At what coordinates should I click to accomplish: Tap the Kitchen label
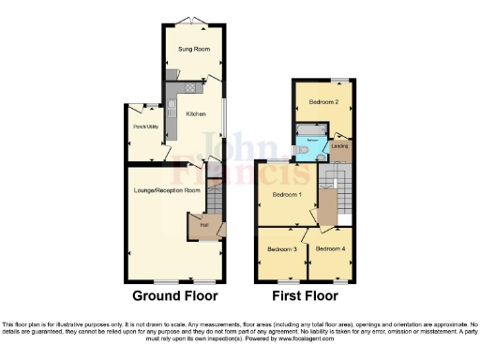[196, 114]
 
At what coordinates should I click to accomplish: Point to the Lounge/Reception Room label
[167, 190]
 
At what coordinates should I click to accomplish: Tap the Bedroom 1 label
[287, 194]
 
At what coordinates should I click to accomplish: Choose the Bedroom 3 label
[281, 249]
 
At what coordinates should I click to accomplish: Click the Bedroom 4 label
[330, 248]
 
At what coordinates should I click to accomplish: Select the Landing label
[339, 145]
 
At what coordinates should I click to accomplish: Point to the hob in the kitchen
[188, 87]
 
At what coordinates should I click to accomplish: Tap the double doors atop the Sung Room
[194, 21]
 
